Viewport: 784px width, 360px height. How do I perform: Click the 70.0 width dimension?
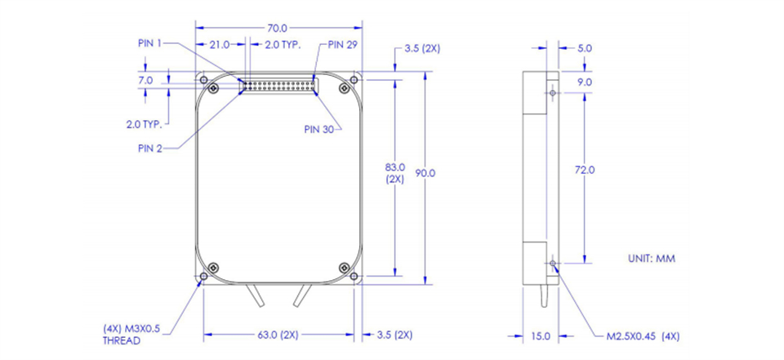(x=278, y=28)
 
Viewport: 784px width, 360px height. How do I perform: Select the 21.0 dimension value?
(x=219, y=45)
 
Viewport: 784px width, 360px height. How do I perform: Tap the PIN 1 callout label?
(x=149, y=43)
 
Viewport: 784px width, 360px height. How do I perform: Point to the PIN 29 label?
(x=342, y=44)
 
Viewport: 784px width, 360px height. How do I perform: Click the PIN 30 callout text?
(x=319, y=129)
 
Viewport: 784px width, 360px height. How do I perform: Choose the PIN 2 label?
(x=150, y=149)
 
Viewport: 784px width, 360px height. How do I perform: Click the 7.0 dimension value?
(x=146, y=80)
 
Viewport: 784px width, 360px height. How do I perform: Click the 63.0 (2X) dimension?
(x=277, y=335)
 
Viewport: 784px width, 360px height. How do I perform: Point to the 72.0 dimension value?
(x=585, y=170)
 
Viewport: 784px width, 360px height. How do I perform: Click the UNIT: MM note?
(x=652, y=259)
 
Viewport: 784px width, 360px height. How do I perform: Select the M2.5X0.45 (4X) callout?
(x=643, y=336)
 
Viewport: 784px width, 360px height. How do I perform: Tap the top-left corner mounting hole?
(x=203, y=79)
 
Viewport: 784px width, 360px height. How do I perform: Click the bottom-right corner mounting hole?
(x=354, y=276)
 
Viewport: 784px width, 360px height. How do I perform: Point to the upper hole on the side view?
(x=553, y=93)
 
